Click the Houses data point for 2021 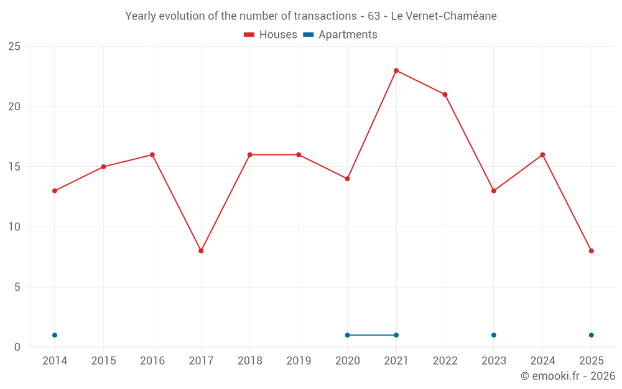click(396, 70)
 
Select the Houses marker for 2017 click(201, 251)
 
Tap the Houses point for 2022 click(445, 95)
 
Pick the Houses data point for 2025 click(592, 251)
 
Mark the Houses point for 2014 click(55, 190)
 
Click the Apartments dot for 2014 click(55, 335)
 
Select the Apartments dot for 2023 click(494, 335)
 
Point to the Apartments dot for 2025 click(592, 335)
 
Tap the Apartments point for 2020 click(347, 335)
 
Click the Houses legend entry click(271, 35)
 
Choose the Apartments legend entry click(340, 35)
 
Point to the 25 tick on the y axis click(14, 47)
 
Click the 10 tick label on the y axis click(14, 227)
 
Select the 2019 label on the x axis click(299, 361)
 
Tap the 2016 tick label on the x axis click(152, 361)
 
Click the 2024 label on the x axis click(542, 361)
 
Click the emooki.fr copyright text click(568, 376)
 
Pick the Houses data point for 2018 click(250, 154)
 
